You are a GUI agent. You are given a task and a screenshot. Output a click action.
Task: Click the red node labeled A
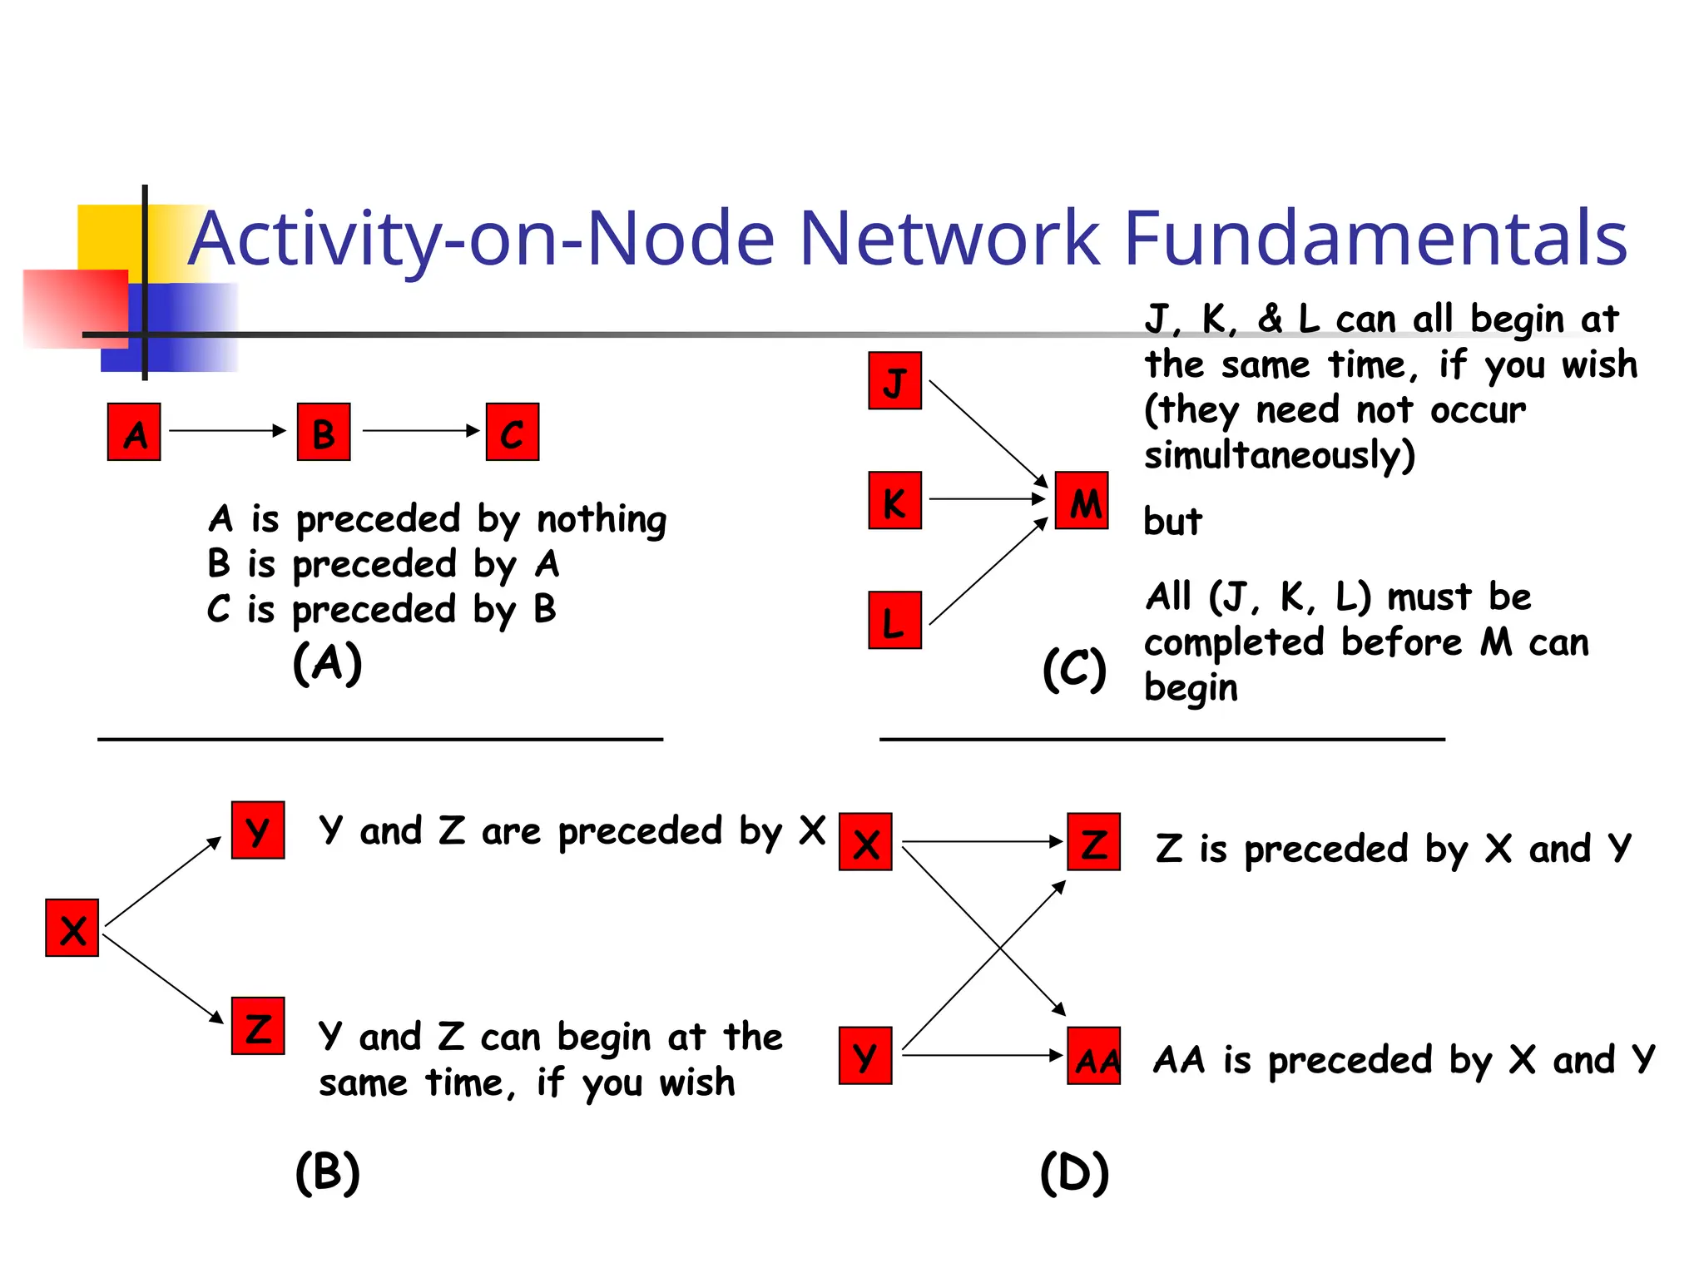[x=134, y=432]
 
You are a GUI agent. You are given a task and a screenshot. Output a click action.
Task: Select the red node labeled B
[x=324, y=432]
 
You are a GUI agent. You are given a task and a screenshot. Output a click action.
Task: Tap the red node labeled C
[x=513, y=432]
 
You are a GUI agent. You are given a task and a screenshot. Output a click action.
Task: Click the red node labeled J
[x=894, y=381]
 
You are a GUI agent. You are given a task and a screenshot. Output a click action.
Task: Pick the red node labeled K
[x=894, y=501]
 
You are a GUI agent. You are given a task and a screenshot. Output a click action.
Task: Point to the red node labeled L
[x=894, y=621]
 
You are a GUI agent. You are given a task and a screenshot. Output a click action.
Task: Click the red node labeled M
[x=1082, y=501]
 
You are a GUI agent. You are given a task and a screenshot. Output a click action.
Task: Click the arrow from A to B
[x=226, y=431]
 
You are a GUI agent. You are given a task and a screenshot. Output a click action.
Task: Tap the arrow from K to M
[x=986, y=499]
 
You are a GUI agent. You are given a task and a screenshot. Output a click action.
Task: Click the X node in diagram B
[x=72, y=928]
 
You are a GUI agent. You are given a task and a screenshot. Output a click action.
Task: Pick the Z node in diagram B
[x=258, y=1026]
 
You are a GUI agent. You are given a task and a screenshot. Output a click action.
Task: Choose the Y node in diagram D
[x=865, y=1056]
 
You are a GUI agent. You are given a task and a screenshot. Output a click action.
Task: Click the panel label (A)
[x=328, y=663]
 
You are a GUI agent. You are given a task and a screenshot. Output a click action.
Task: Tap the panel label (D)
[x=1074, y=1173]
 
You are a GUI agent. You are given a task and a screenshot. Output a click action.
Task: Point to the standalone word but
[x=1172, y=522]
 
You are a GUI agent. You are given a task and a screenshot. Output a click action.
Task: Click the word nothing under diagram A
[x=602, y=519]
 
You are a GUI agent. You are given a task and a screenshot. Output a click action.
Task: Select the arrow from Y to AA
[x=982, y=1056]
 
